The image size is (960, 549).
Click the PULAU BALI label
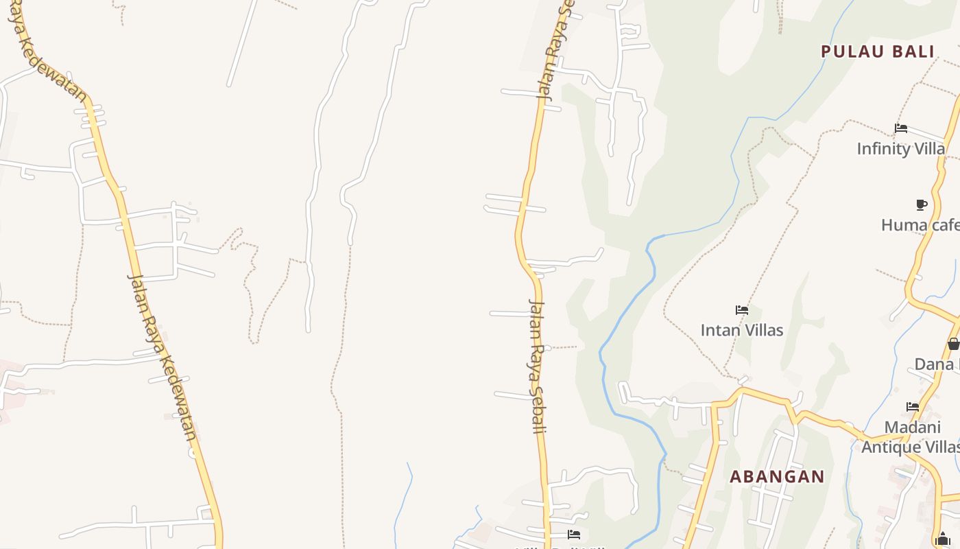(x=877, y=51)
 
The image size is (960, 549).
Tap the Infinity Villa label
(x=900, y=148)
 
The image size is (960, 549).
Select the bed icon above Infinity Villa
(x=901, y=128)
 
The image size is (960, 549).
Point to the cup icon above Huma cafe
(x=922, y=205)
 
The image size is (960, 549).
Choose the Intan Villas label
(x=741, y=330)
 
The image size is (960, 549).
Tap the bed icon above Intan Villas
(x=741, y=310)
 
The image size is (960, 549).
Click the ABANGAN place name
(x=777, y=476)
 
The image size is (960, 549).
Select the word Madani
(x=912, y=427)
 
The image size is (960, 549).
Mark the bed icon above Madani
(x=913, y=407)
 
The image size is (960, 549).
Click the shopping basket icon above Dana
(x=953, y=344)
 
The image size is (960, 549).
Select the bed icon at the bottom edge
(x=574, y=535)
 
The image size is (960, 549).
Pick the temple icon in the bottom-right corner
(x=942, y=540)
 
